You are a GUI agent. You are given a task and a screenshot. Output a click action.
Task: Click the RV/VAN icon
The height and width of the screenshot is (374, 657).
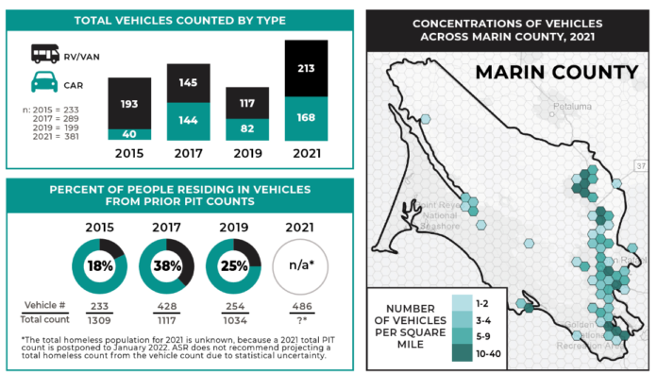(x=43, y=55)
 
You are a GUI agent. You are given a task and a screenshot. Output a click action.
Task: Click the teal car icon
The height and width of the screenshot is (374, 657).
(x=43, y=83)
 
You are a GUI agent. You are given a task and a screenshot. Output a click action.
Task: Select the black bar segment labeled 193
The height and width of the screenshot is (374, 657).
(x=128, y=102)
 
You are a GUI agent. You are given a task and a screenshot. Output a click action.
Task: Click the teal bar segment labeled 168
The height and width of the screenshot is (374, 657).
(x=305, y=118)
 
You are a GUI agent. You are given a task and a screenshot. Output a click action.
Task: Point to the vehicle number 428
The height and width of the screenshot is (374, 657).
(x=166, y=307)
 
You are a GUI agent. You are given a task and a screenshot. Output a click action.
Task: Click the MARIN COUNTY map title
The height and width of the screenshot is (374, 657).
(x=556, y=73)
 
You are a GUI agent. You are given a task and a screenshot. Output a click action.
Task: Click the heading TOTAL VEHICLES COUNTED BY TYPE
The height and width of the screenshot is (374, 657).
(x=179, y=20)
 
